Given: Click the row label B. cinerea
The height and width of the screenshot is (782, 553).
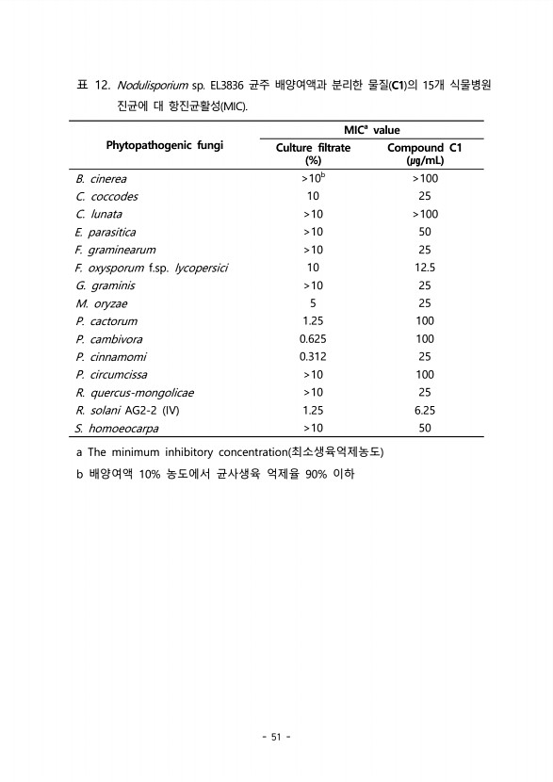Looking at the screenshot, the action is coord(101,178).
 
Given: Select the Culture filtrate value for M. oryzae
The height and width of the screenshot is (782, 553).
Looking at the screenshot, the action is coord(312,303).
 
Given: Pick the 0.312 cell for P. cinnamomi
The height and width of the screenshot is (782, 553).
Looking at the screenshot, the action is coord(313,357).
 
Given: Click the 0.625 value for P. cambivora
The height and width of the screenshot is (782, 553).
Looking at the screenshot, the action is coord(313,339).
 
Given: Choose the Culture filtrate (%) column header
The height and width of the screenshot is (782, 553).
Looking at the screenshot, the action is coord(313,154).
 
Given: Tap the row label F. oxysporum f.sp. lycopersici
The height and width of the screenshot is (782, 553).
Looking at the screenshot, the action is coord(153,268).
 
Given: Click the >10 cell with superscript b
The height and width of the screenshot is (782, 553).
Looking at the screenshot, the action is coord(313,178).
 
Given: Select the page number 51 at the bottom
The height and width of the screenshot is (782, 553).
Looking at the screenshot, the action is coord(276,737).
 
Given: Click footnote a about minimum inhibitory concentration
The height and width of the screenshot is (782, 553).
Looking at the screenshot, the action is coord(231,452).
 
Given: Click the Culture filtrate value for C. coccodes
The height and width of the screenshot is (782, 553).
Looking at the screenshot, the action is coord(313,196).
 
